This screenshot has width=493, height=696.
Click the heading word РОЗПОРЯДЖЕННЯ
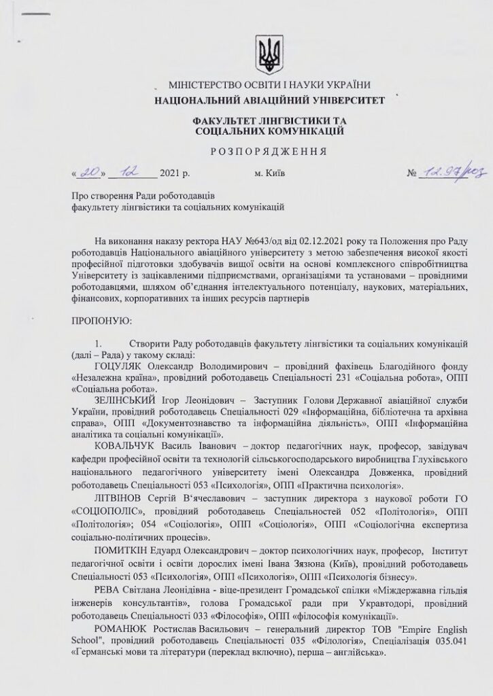pyautogui.click(x=269, y=151)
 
